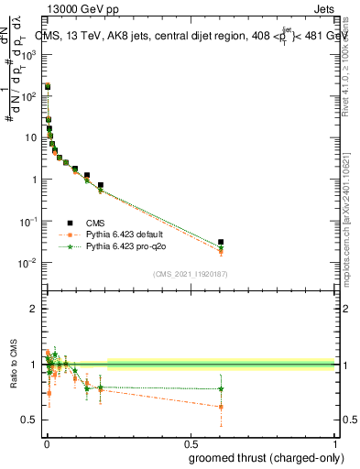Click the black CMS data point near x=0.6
221,242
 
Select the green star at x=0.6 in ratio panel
221,389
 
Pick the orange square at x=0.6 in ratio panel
221,407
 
